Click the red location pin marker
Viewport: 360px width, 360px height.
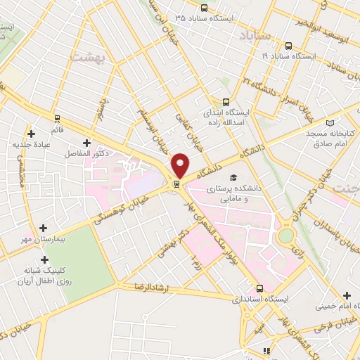click(180, 165)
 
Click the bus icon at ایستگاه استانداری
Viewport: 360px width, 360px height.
click(260, 288)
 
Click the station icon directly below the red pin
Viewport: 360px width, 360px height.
click(176, 185)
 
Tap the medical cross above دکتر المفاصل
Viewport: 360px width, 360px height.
click(86, 143)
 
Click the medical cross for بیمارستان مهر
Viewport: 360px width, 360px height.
click(44, 229)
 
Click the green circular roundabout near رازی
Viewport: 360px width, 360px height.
click(285, 236)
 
